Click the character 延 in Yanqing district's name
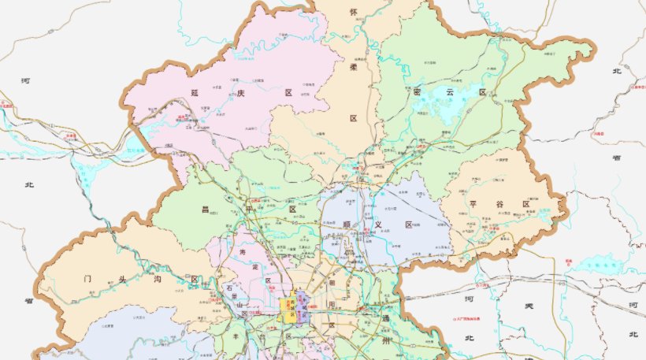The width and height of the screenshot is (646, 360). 193,93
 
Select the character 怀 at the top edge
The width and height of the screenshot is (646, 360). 353,12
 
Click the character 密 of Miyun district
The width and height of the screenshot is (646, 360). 418,92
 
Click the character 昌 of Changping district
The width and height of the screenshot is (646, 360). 205,210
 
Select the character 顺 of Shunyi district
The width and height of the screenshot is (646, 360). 347,225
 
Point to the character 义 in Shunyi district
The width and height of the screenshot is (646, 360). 377,225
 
